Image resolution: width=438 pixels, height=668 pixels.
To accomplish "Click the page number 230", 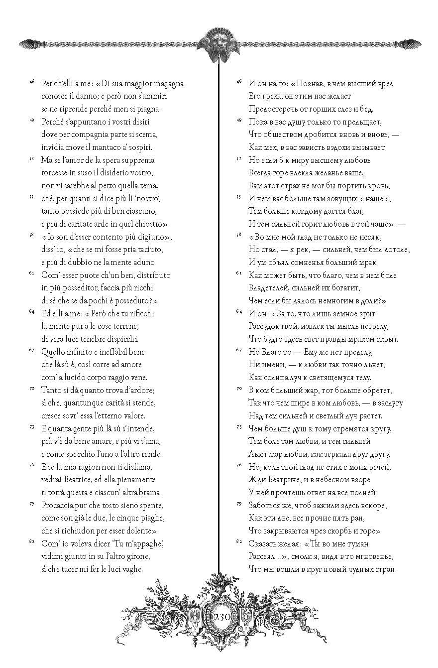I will [x=219, y=616].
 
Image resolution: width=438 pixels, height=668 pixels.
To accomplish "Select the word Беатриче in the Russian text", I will [x=284, y=480].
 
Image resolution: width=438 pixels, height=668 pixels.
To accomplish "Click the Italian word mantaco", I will [x=102, y=147].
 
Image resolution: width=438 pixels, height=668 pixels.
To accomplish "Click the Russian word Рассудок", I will [x=265, y=326].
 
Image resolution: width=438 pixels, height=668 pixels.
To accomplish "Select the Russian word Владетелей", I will [x=270, y=288].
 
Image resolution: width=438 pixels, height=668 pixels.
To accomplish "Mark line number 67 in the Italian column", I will [x=31, y=350].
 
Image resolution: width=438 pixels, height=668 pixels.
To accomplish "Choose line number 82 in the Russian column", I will [x=238, y=541].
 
